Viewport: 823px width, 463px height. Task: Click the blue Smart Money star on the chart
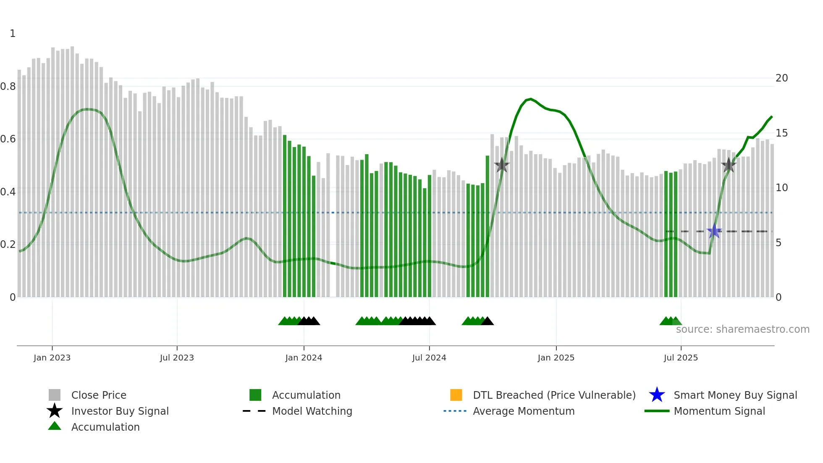coord(714,231)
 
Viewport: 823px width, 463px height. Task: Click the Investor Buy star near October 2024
coord(501,165)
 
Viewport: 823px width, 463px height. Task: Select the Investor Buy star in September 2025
coord(729,165)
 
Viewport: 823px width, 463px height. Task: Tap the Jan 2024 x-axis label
coord(304,358)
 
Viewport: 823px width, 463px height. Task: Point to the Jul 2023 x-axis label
coord(177,358)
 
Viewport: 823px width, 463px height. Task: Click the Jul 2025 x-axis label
coord(681,358)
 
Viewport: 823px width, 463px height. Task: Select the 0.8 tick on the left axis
coord(8,87)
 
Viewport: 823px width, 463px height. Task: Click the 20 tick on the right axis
coord(781,78)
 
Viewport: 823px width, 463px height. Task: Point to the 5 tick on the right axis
coord(778,243)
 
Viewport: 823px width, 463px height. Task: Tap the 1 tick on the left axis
coord(13,34)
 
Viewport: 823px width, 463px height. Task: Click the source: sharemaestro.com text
coord(742,329)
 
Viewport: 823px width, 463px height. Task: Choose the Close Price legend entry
coord(99,395)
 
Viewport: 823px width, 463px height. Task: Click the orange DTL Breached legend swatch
coord(456,395)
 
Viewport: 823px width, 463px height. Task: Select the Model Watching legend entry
coord(312,411)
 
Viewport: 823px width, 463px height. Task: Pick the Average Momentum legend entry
coord(524,411)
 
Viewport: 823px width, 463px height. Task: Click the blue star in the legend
coord(657,395)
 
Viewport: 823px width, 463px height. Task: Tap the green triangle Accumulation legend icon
coord(55,426)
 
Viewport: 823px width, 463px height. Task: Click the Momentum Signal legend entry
coord(719,411)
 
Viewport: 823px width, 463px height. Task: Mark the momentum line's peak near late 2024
coord(531,99)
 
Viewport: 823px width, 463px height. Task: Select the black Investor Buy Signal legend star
coord(55,411)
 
